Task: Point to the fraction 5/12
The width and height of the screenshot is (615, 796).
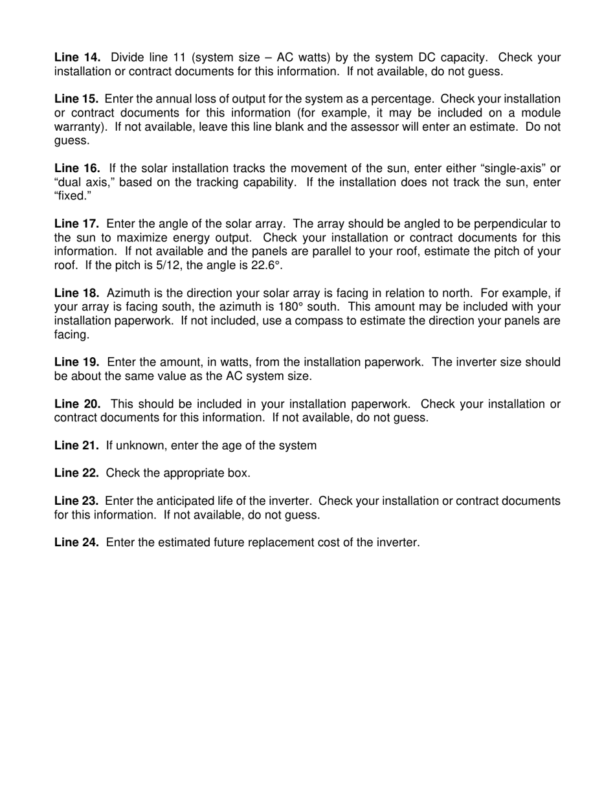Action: point(170,265)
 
